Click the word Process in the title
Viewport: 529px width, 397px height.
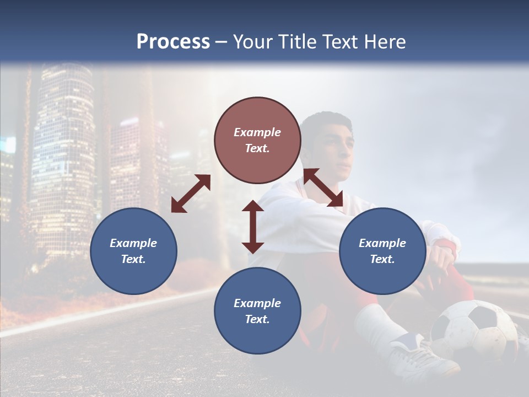(x=173, y=42)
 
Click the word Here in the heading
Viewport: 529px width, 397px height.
(x=384, y=42)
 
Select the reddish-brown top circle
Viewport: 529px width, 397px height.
(x=257, y=141)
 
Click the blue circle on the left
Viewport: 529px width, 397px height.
(x=133, y=251)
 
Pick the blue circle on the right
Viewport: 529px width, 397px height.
(x=382, y=251)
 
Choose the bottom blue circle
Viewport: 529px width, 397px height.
(x=257, y=311)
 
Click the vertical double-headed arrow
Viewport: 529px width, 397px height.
(x=253, y=227)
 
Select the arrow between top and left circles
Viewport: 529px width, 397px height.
(x=191, y=194)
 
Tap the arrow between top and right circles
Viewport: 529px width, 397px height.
(x=323, y=187)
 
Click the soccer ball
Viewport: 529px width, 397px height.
(x=473, y=331)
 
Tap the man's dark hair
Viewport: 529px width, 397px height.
(x=328, y=120)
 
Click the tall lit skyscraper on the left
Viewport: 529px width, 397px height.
(x=63, y=154)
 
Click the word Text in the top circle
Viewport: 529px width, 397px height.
(x=257, y=149)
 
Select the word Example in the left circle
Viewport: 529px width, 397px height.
(x=133, y=243)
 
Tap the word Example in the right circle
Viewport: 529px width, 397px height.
(x=382, y=243)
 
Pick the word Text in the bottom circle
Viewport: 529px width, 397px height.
(x=257, y=319)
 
